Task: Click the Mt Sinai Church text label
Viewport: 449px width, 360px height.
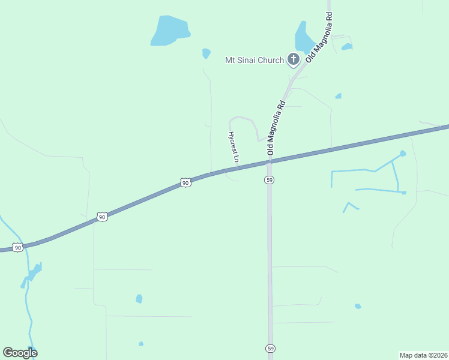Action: coord(254,59)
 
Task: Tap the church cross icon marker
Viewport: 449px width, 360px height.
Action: coord(293,59)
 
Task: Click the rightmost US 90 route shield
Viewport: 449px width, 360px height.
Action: coord(185,182)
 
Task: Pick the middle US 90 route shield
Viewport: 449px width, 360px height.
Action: coord(102,217)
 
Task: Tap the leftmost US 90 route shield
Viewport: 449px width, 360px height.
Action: coord(18,247)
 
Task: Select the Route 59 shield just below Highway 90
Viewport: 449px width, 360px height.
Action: coord(270,180)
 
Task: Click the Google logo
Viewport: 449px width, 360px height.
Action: coord(20,353)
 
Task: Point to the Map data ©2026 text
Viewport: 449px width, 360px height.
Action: coord(423,355)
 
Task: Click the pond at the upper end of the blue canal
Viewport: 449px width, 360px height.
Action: coord(402,154)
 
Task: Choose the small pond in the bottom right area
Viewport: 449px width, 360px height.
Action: coord(358,306)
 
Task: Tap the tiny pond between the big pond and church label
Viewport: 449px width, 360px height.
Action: coord(206,53)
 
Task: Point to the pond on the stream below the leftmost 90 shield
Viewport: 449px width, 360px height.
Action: coord(34,271)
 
